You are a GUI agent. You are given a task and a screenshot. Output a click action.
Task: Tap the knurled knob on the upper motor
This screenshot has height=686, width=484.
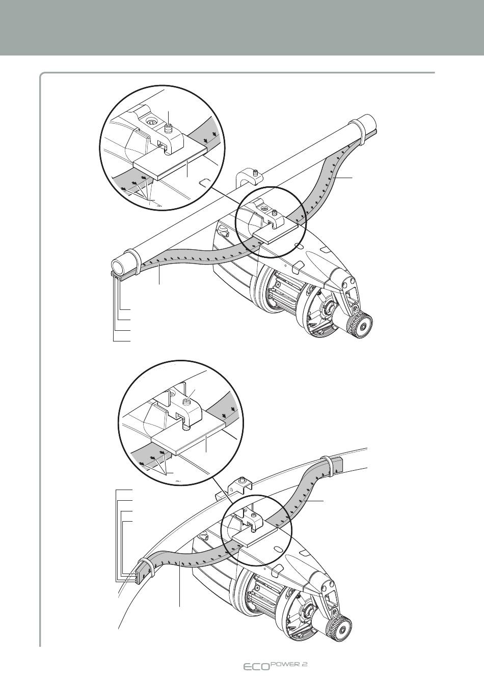[x=360, y=324]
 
